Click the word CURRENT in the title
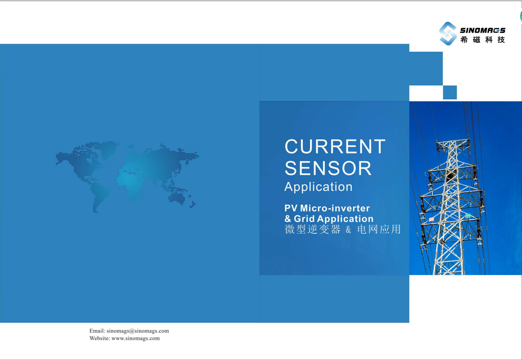click(x=335, y=146)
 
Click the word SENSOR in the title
click(x=328, y=168)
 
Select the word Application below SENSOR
click(x=318, y=187)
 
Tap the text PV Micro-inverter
click(x=327, y=208)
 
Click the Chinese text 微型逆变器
click(x=312, y=229)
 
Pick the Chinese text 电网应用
click(x=379, y=229)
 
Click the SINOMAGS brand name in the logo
click(x=482, y=30)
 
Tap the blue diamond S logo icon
click(x=447, y=33)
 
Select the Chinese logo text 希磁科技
click(x=482, y=40)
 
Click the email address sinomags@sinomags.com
click(x=138, y=331)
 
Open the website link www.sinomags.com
click(x=136, y=338)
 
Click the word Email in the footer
click(x=97, y=331)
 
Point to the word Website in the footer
click(x=100, y=338)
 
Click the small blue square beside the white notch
click(x=450, y=92)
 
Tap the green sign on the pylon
click(x=468, y=216)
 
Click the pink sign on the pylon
click(x=432, y=219)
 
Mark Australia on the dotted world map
click(x=177, y=198)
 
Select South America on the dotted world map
click(x=99, y=196)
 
